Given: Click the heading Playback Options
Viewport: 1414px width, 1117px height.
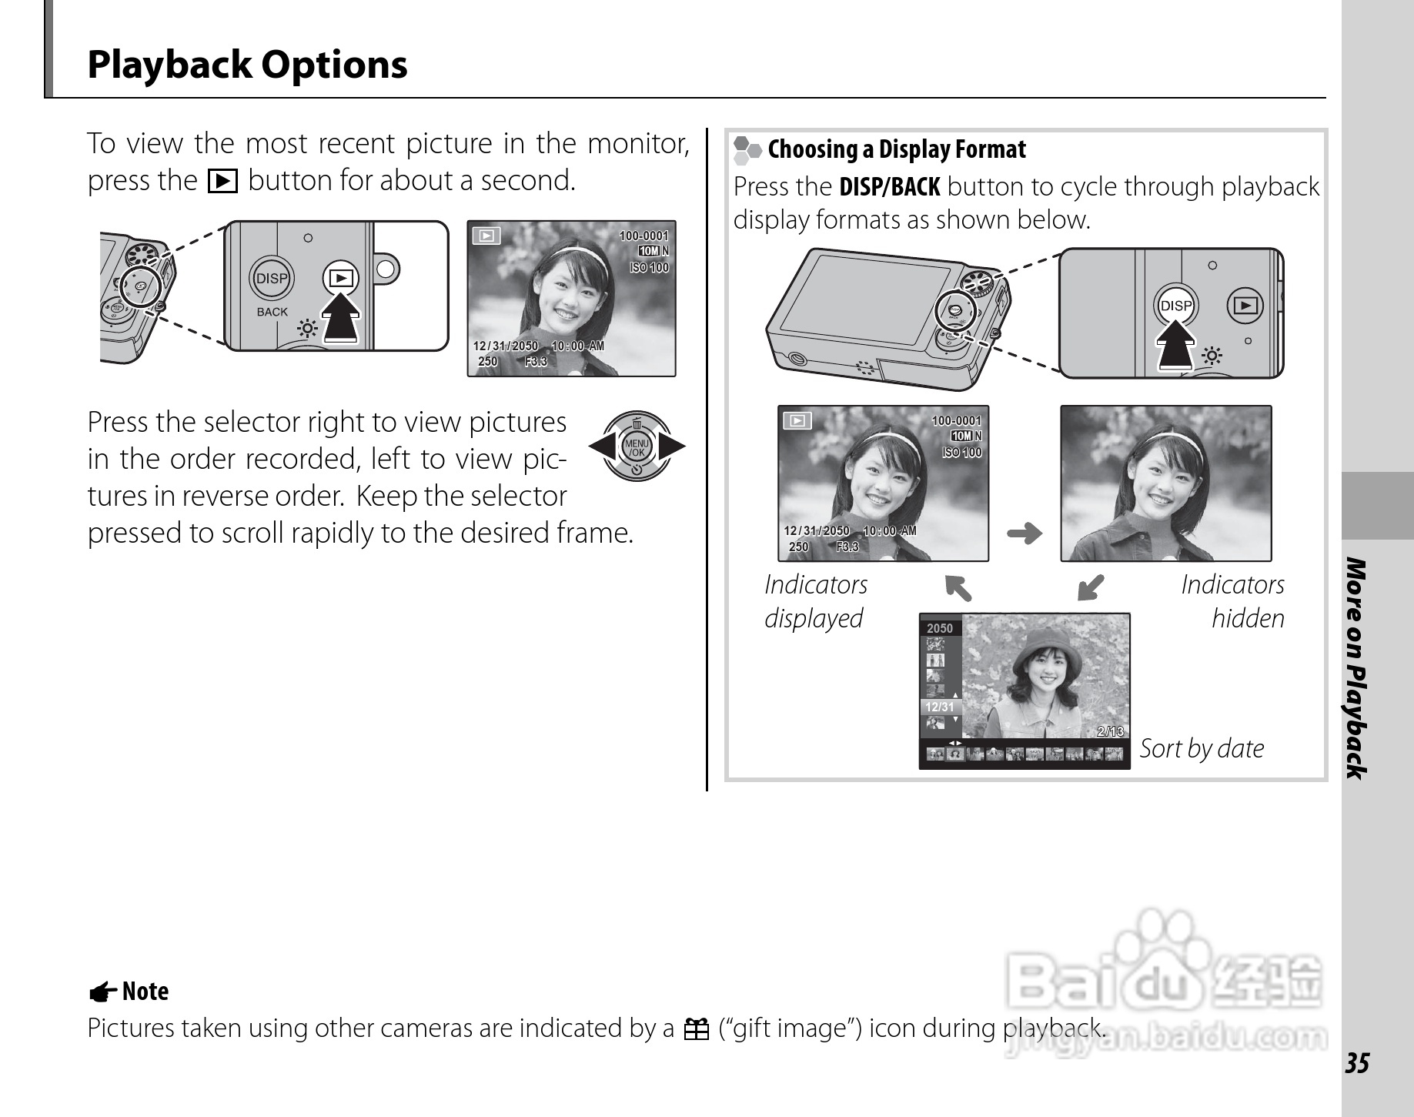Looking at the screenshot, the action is pyautogui.click(x=247, y=65).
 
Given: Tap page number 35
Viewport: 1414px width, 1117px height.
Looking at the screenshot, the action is pyautogui.click(x=1357, y=1063).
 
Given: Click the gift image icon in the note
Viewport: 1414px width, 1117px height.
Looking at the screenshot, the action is pyautogui.click(x=696, y=1029).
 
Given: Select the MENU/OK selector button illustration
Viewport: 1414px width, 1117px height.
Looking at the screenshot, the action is pyautogui.click(x=637, y=446).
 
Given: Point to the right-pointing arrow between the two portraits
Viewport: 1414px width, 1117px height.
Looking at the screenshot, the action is pyautogui.click(x=1025, y=533).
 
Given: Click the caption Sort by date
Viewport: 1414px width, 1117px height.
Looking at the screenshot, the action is pyautogui.click(x=1202, y=748).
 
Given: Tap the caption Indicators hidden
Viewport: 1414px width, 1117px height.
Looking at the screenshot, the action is pyautogui.click(x=1232, y=601).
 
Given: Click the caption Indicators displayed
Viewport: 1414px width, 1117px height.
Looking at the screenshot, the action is pyautogui.click(x=816, y=601).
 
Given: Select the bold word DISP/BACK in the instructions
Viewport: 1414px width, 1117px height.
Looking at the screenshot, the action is pyautogui.click(x=890, y=187).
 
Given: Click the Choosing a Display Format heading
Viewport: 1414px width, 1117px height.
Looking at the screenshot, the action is pyautogui.click(x=897, y=149).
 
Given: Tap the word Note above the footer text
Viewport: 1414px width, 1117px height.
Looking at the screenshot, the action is pyautogui.click(x=145, y=992).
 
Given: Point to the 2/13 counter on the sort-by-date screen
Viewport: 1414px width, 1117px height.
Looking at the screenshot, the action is pyautogui.click(x=1111, y=731).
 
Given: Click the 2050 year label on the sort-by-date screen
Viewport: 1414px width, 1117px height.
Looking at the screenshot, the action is pyautogui.click(x=940, y=628).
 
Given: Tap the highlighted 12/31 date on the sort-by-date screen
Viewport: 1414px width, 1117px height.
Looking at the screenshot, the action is pyautogui.click(x=940, y=707).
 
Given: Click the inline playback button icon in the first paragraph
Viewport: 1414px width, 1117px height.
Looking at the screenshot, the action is pyautogui.click(x=222, y=181).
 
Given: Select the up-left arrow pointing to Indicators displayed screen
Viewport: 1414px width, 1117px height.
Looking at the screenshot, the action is pyautogui.click(x=958, y=587).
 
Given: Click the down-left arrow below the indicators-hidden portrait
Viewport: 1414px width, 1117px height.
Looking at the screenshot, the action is pyautogui.click(x=1091, y=587).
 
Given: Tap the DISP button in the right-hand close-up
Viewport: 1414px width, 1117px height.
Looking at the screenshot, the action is pyautogui.click(x=1175, y=306).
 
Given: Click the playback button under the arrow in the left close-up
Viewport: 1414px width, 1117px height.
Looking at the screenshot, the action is pyautogui.click(x=341, y=278).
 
